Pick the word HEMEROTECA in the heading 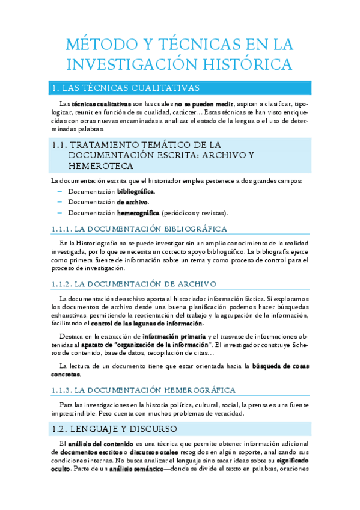pos(101,166)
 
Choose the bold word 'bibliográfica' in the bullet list pos(135,191)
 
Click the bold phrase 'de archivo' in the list pos(132,202)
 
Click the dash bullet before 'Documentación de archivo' pos(59,202)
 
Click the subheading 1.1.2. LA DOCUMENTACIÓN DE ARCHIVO pos(134,283)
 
